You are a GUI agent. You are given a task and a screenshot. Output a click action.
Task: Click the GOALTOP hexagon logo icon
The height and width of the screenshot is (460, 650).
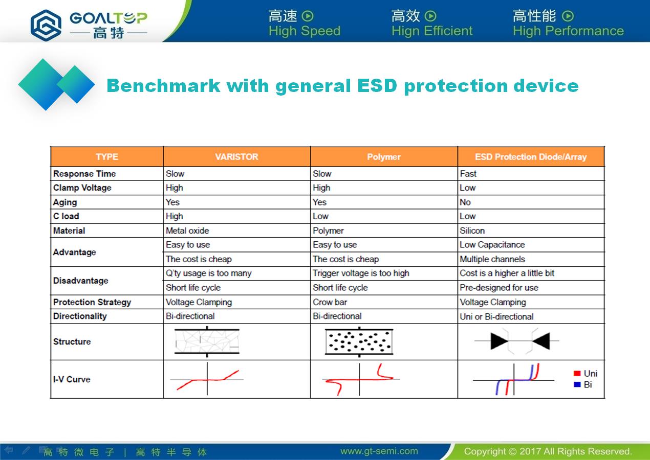pos(46,25)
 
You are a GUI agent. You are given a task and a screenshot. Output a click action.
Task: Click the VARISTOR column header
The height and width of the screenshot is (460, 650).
pos(236,157)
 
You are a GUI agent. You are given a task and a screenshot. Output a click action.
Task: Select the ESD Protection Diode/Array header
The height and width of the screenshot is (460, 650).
pos(531,157)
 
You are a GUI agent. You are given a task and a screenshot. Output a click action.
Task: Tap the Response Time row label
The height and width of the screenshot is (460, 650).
pos(84,174)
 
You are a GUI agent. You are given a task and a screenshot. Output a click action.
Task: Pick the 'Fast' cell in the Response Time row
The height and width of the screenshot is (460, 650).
pos(468,174)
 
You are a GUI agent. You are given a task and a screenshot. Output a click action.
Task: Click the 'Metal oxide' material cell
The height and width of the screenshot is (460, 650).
pos(187,231)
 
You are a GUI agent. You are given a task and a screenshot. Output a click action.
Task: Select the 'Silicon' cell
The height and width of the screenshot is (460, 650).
pos(472,231)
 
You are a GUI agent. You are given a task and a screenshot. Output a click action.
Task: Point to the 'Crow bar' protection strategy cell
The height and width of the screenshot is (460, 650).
pos(330,302)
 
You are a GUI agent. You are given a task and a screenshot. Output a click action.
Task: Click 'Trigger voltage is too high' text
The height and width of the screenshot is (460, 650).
pos(361,273)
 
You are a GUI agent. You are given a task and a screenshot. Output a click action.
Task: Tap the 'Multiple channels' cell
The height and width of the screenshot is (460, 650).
pos(492,259)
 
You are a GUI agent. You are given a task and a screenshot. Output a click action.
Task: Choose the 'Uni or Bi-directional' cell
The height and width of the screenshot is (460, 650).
pos(496,316)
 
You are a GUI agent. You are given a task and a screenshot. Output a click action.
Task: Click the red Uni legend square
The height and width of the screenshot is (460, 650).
pos(577,373)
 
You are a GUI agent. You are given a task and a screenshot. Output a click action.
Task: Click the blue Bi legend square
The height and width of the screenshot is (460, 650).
pos(577,385)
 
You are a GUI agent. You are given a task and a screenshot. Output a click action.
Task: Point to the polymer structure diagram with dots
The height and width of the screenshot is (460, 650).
pos(359,342)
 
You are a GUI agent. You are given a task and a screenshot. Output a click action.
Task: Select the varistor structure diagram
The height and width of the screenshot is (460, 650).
pos(207,341)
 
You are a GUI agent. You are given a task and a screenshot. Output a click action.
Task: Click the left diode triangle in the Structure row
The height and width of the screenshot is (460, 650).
pos(499,341)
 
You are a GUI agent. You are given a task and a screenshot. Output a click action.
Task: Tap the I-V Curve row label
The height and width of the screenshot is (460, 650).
pos(72,379)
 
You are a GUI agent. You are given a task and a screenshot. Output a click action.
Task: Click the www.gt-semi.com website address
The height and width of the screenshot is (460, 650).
pos(379,451)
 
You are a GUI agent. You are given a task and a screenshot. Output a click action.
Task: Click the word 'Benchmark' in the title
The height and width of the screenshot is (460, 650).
pos(163,86)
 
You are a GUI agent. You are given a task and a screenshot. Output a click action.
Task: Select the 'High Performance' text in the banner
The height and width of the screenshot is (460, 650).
pos(568,31)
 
